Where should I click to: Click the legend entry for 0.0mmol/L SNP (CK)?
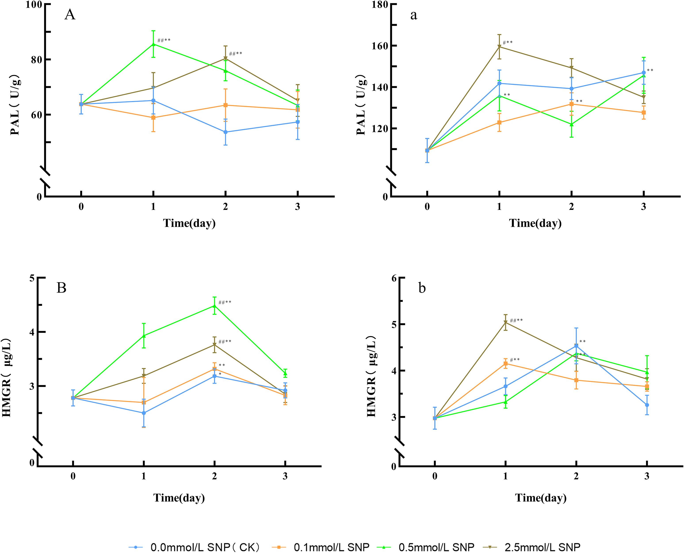[194, 547]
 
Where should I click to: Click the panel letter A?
[70, 15]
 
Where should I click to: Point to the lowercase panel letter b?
[422, 288]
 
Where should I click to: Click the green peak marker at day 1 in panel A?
[153, 44]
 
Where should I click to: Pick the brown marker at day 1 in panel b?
[506, 323]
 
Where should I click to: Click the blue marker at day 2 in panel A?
[225, 132]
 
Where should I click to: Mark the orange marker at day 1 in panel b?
[506, 363]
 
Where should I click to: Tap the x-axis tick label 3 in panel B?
[285, 476]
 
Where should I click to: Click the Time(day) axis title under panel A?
[189, 223]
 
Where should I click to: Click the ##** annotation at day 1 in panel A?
[164, 40]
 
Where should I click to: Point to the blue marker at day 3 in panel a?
[644, 73]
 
